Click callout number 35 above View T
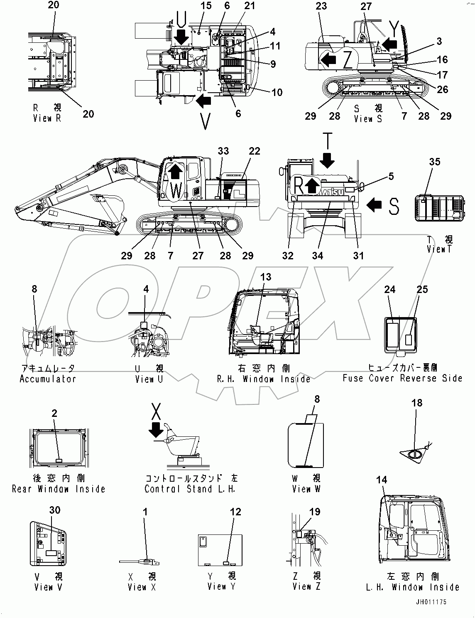click(434, 162)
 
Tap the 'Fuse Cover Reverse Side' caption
click(402, 378)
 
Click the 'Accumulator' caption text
click(48, 379)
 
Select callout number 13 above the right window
click(266, 277)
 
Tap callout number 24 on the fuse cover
click(389, 289)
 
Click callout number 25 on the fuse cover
click(422, 289)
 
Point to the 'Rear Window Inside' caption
click(59, 489)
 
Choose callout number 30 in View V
click(54, 510)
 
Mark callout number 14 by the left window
click(381, 480)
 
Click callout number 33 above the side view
click(223, 151)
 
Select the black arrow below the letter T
click(327, 160)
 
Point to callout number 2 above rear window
click(54, 413)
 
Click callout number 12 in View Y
click(235, 512)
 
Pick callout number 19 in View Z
click(315, 512)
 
